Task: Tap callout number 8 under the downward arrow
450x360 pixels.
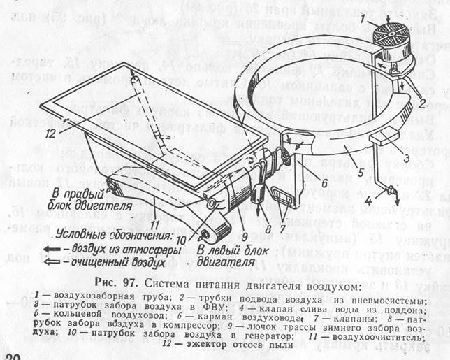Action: coord(259,208)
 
